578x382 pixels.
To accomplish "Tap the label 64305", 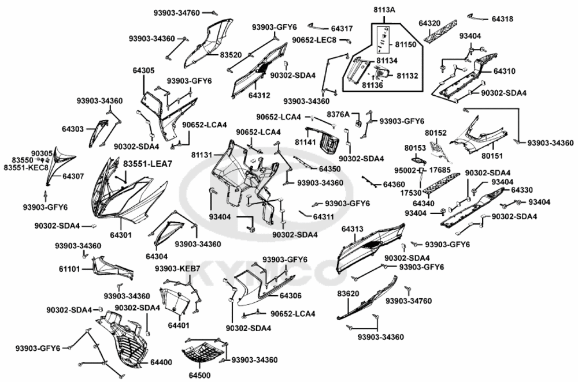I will (143, 70).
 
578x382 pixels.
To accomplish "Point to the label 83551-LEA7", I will (147, 164).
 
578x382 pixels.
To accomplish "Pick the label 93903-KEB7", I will (177, 269).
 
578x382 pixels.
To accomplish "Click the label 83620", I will (349, 294).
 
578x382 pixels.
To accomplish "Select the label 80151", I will (493, 155).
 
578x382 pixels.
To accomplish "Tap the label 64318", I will (502, 18).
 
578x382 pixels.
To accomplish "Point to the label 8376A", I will (338, 115).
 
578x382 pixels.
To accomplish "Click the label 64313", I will (352, 230).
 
